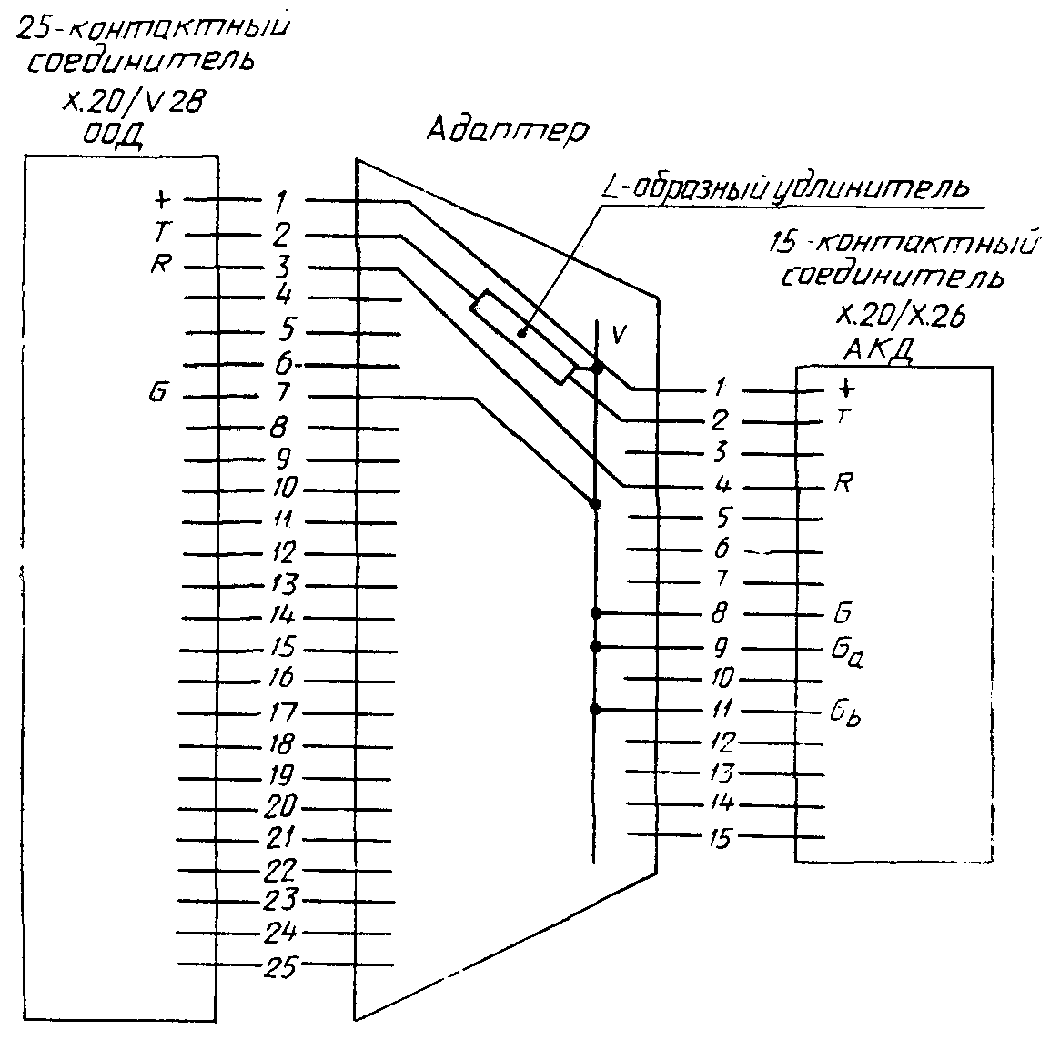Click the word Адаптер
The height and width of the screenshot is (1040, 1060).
coord(507,129)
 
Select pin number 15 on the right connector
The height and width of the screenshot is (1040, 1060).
coord(719,837)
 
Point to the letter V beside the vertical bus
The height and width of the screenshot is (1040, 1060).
coord(619,334)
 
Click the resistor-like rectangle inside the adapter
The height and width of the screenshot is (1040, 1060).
coord(522,335)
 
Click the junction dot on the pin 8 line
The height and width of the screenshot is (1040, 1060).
coord(595,613)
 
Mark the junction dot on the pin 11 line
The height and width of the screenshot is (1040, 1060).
coord(595,710)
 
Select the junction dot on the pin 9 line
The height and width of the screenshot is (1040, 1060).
coord(595,647)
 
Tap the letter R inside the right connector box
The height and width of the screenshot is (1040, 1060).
coord(843,482)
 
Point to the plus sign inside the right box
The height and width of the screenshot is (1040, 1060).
coord(846,389)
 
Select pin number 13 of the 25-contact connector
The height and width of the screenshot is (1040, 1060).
coord(283,584)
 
